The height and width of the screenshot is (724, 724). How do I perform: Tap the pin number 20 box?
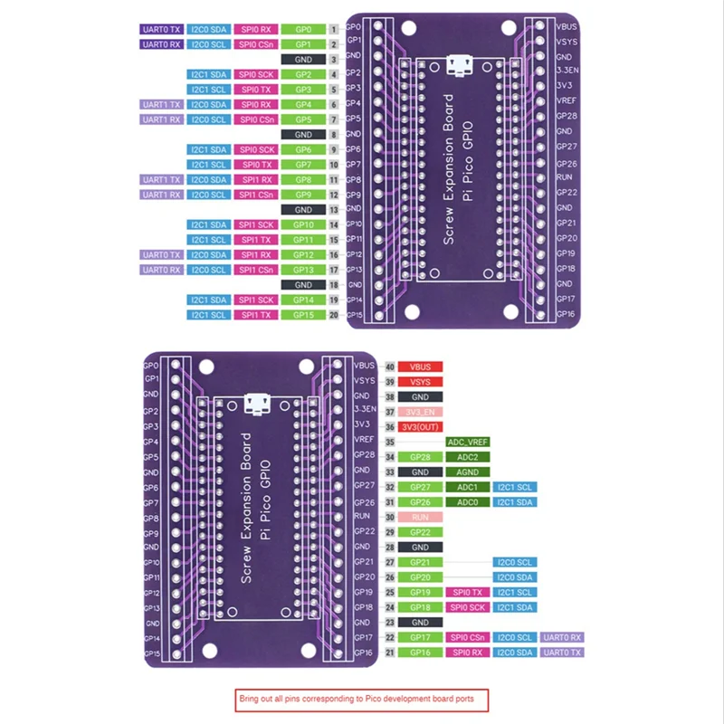pos(334,314)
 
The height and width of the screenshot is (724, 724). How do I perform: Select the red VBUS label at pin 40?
pos(420,367)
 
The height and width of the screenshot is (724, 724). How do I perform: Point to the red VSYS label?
pos(420,382)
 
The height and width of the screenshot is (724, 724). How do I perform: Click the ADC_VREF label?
pos(468,442)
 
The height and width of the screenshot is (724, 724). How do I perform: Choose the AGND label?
pos(468,472)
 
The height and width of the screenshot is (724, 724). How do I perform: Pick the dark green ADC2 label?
pos(468,457)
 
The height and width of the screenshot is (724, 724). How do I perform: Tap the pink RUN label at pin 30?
pos(420,517)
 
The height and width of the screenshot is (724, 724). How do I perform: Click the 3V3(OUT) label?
pos(420,426)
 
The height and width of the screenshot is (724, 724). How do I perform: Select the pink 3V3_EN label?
pos(420,412)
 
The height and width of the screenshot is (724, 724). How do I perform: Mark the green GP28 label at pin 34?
pos(420,457)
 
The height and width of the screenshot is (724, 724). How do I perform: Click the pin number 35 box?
pos(389,442)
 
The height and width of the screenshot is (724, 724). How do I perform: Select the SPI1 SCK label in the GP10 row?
pos(255,224)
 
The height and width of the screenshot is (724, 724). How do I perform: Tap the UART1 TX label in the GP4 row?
pos(161,104)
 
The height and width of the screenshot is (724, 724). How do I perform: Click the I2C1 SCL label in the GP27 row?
pos(516,487)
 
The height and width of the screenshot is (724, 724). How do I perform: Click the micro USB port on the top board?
pos(463,65)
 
